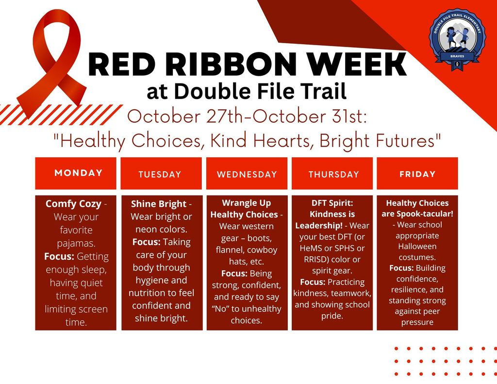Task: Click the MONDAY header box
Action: [76, 173]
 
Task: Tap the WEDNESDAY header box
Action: [247, 173]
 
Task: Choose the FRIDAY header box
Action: [417, 173]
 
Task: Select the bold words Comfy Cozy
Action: [73, 204]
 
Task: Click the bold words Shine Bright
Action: [158, 204]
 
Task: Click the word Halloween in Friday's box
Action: [417, 246]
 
